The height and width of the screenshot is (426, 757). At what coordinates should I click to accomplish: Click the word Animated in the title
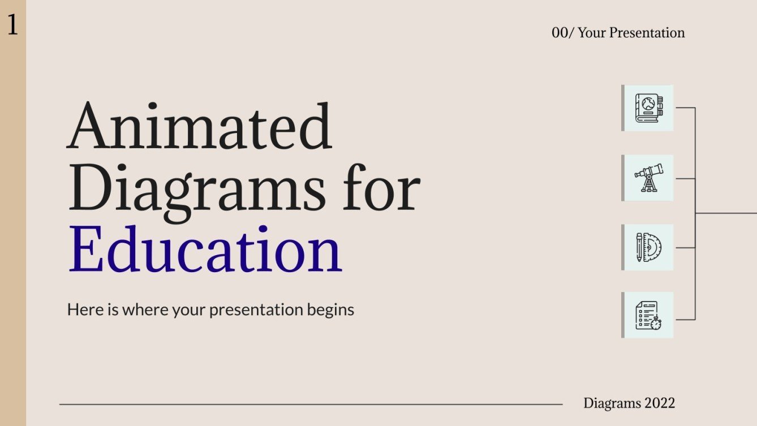pos(199,126)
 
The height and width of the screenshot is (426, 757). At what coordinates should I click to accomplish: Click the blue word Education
pos(205,249)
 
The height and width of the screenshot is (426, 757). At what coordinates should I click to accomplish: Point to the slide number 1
pos(12,25)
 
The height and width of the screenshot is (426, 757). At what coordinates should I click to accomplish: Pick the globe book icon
pos(648,108)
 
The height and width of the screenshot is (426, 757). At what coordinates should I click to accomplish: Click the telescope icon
pos(648,178)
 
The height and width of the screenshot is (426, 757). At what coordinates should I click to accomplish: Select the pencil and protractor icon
pos(648,247)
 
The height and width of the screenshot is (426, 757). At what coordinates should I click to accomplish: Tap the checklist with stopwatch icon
pos(648,315)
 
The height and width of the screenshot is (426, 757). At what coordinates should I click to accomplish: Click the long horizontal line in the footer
pos(311,405)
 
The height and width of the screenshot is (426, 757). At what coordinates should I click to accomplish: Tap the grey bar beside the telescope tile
pos(623,178)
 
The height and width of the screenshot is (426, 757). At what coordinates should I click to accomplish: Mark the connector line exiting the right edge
pos(730,213)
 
